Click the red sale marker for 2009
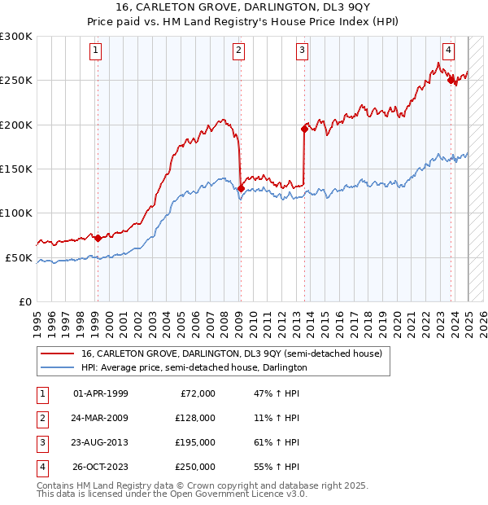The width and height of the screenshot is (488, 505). pyautogui.click(x=241, y=188)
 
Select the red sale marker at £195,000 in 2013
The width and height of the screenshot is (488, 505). pyautogui.click(x=304, y=129)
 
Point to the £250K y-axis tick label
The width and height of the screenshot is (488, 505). pyautogui.click(x=16, y=81)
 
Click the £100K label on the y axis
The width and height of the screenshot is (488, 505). pyautogui.click(x=16, y=213)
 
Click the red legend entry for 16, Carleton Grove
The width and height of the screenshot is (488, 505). pyautogui.click(x=231, y=353)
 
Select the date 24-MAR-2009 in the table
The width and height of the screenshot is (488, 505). pyautogui.click(x=100, y=418)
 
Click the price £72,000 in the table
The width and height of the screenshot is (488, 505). pyautogui.click(x=198, y=393)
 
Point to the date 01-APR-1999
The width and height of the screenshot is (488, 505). pyautogui.click(x=100, y=393)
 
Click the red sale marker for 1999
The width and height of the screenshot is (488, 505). pyautogui.click(x=98, y=238)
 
